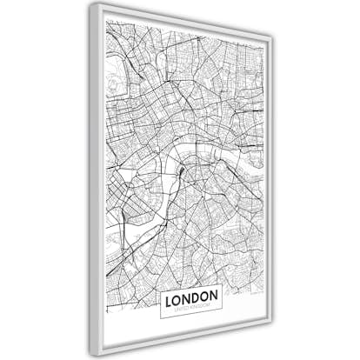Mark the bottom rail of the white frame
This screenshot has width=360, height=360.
183,341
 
